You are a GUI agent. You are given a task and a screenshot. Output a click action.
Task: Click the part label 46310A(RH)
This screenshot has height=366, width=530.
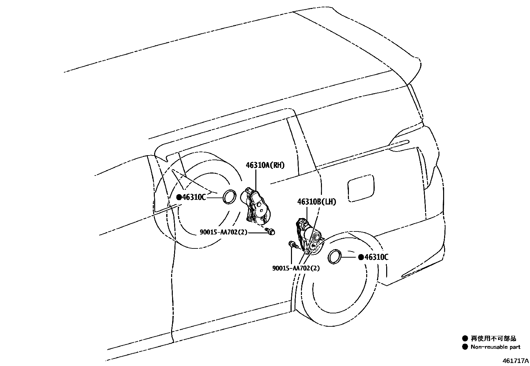pyautogui.click(x=265, y=165)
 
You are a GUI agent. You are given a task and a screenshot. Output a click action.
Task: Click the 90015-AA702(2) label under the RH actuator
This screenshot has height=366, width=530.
pyautogui.click(x=224, y=232)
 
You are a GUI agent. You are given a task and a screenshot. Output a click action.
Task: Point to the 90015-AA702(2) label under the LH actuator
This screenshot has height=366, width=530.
pyautogui.click(x=296, y=268)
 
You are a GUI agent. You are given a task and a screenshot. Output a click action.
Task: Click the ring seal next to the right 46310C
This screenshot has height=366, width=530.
pyautogui.click(x=334, y=257)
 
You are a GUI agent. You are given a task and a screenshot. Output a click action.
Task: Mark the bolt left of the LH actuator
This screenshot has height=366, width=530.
pyautogui.click(x=293, y=245)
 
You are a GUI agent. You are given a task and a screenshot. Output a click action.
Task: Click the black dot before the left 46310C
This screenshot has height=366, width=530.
pyautogui.click(x=179, y=197)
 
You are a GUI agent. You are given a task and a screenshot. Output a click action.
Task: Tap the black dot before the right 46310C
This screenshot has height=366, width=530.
pyautogui.click(x=361, y=257)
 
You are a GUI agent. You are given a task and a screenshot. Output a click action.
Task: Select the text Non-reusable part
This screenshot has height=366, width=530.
pyautogui.click(x=495, y=347)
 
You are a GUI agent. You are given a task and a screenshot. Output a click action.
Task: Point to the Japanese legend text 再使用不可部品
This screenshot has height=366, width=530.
pyautogui.click(x=493, y=339)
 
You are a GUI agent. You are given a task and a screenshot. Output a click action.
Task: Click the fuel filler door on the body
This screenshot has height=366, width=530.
pyautogui.click(x=361, y=188)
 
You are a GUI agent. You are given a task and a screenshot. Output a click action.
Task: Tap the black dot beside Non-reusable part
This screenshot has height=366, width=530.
pyautogui.click(x=465, y=347)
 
